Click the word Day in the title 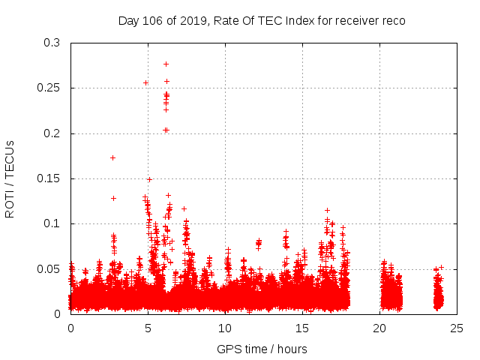(129, 21)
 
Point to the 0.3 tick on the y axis (52, 43)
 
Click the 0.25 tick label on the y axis (49, 88)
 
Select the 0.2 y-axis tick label (52, 133)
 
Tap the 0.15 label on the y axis (49, 178)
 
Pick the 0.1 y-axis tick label (52, 223)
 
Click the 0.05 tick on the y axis (49, 268)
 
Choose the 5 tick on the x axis (148, 328)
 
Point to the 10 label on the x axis (225, 328)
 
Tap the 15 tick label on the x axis (302, 328)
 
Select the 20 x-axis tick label (379, 328)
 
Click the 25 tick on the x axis (457, 328)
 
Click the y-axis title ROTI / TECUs (10, 178)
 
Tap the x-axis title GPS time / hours (262, 349)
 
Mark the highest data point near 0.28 (166, 64)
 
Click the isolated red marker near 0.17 (112, 157)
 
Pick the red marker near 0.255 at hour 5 (145, 82)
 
